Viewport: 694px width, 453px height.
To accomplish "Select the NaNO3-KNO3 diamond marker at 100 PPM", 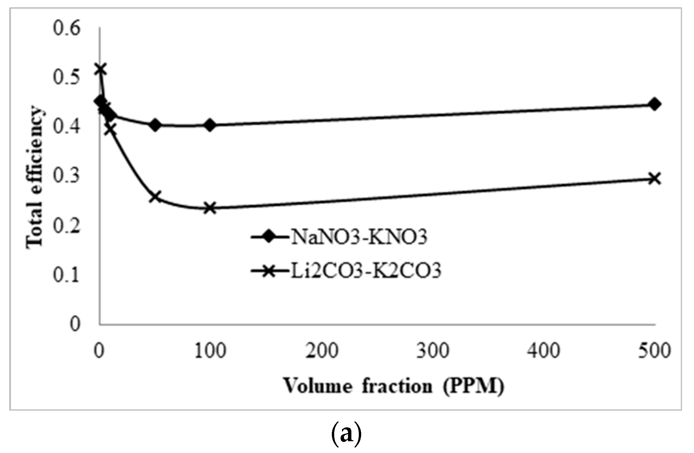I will pos(210,125).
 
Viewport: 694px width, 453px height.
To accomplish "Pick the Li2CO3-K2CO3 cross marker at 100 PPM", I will pos(210,208).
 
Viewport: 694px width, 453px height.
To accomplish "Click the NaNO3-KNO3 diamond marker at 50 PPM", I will pos(155,125).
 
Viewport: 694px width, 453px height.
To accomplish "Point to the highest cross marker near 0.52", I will pos(100,69).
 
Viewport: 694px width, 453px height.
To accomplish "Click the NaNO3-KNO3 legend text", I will pos(359,237).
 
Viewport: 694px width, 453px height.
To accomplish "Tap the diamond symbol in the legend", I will pos(269,237).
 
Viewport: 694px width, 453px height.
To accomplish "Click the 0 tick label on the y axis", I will pos(75,324).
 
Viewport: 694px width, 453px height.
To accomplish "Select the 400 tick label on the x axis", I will pos(543,351).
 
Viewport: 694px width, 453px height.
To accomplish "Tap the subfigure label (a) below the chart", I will pos(347,435).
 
